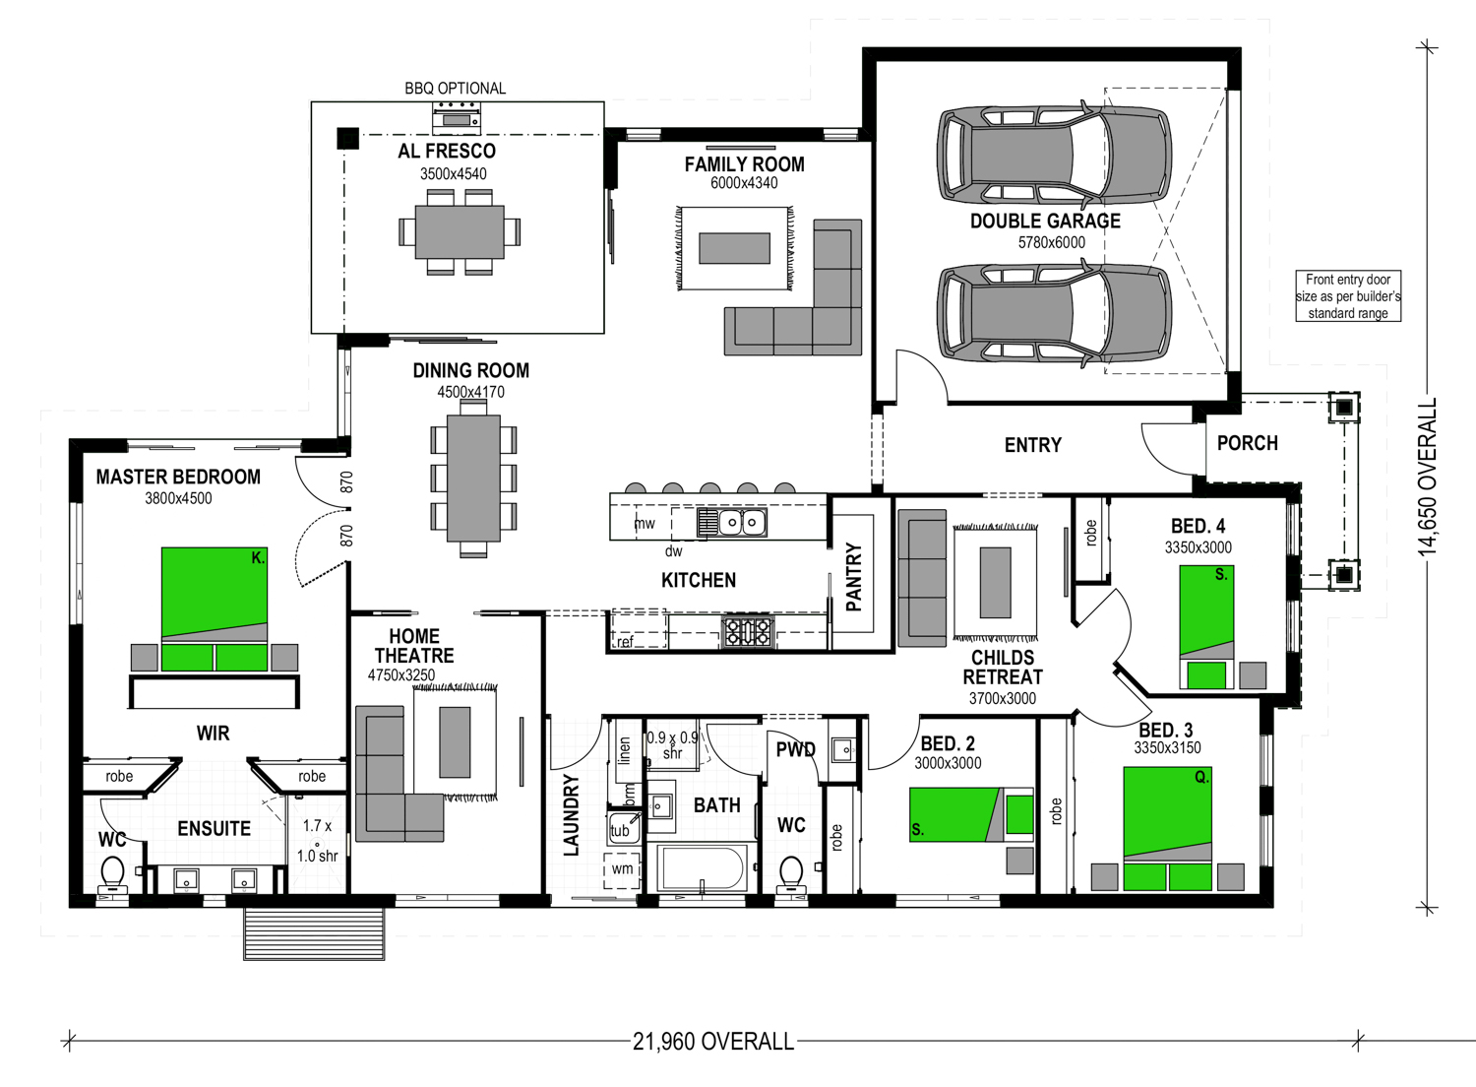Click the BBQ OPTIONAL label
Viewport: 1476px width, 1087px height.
pyautogui.click(x=455, y=89)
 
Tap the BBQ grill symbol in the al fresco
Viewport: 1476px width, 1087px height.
pyautogui.click(x=456, y=119)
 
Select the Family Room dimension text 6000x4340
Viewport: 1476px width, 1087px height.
pyautogui.click(x=744, y=182)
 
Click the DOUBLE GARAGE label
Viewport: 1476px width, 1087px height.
pyautogui.click(x=1045, y=221)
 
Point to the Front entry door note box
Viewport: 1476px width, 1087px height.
pyautogui.click(x=1348, y=296)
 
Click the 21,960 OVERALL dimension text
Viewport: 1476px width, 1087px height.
pyautogui.click(x=713, y=1042)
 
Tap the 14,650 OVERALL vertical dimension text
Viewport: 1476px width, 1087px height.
pyautogui.click(x=1427, y=477)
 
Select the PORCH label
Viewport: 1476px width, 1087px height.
pyautogui.click(x=1248, y=443)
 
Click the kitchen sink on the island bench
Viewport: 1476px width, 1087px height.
pyautogui.click(x=732, y=523)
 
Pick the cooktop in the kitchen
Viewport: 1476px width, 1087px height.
pyautogui.click(x=747, y=631)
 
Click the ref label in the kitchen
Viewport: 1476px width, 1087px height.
pyautogui.click(x=625, y=641)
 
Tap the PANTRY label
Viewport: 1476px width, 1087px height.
pyautogui.click(x=853, y=577)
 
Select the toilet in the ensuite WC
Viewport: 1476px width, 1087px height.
pyautogui.click(x=112, y=874)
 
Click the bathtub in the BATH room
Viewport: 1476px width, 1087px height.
pyautogui.click(x=704, y=868)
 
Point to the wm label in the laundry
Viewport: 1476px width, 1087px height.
pyautogui.click(x=622, y=868)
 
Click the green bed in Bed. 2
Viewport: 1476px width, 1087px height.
pyautogui.click(x=971, y=814)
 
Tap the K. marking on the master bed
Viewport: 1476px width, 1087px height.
pyautogui.click(x=258, y=557)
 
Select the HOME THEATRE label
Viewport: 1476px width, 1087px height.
pyautogui.click(x=414, y=646)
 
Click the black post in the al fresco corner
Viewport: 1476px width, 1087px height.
pyautogui.click(x=348, y=139)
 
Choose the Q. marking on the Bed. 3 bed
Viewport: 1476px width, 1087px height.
pyautogui.click(x=1201, y=777)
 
